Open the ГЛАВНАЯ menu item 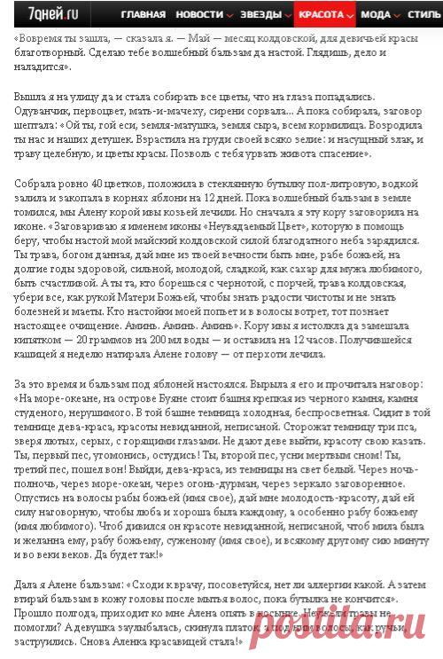(143, 15)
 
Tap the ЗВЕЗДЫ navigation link (260, 15)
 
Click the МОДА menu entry (376, 15)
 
